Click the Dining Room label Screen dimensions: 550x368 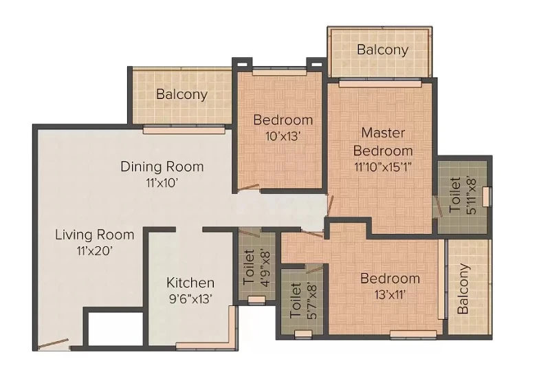click(x=162, y=166)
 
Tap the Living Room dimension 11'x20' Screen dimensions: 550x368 click(x=95, y=251)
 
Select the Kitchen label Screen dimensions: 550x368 click(x=190, y=283)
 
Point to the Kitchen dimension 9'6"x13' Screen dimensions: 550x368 click(x=190, y=299)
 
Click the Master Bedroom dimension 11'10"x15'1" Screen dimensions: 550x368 click(x=383, y=166)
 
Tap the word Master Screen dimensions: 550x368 click(x=383, y=133)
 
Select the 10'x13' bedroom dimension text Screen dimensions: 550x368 click(x=283, y=136)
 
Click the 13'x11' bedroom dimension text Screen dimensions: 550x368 click(x=390, y=294)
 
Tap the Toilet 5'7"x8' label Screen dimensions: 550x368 click(x=303, y=301)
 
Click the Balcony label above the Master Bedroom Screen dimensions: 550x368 click(x=383, y=50)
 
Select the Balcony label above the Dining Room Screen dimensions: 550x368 click(x=181, y=94)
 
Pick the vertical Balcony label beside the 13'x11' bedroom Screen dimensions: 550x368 click(x=463, y=288)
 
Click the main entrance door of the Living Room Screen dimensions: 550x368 click(x=54, y=344)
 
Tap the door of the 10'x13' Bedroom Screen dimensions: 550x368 click(x=248, y=188)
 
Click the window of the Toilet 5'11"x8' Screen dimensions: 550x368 click(x=486, y=197)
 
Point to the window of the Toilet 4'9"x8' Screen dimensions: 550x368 click(x=256, y=300)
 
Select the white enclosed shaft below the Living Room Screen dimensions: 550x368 click(x=115, y=328)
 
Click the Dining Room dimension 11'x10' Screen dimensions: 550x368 click(x=162, y=182)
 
